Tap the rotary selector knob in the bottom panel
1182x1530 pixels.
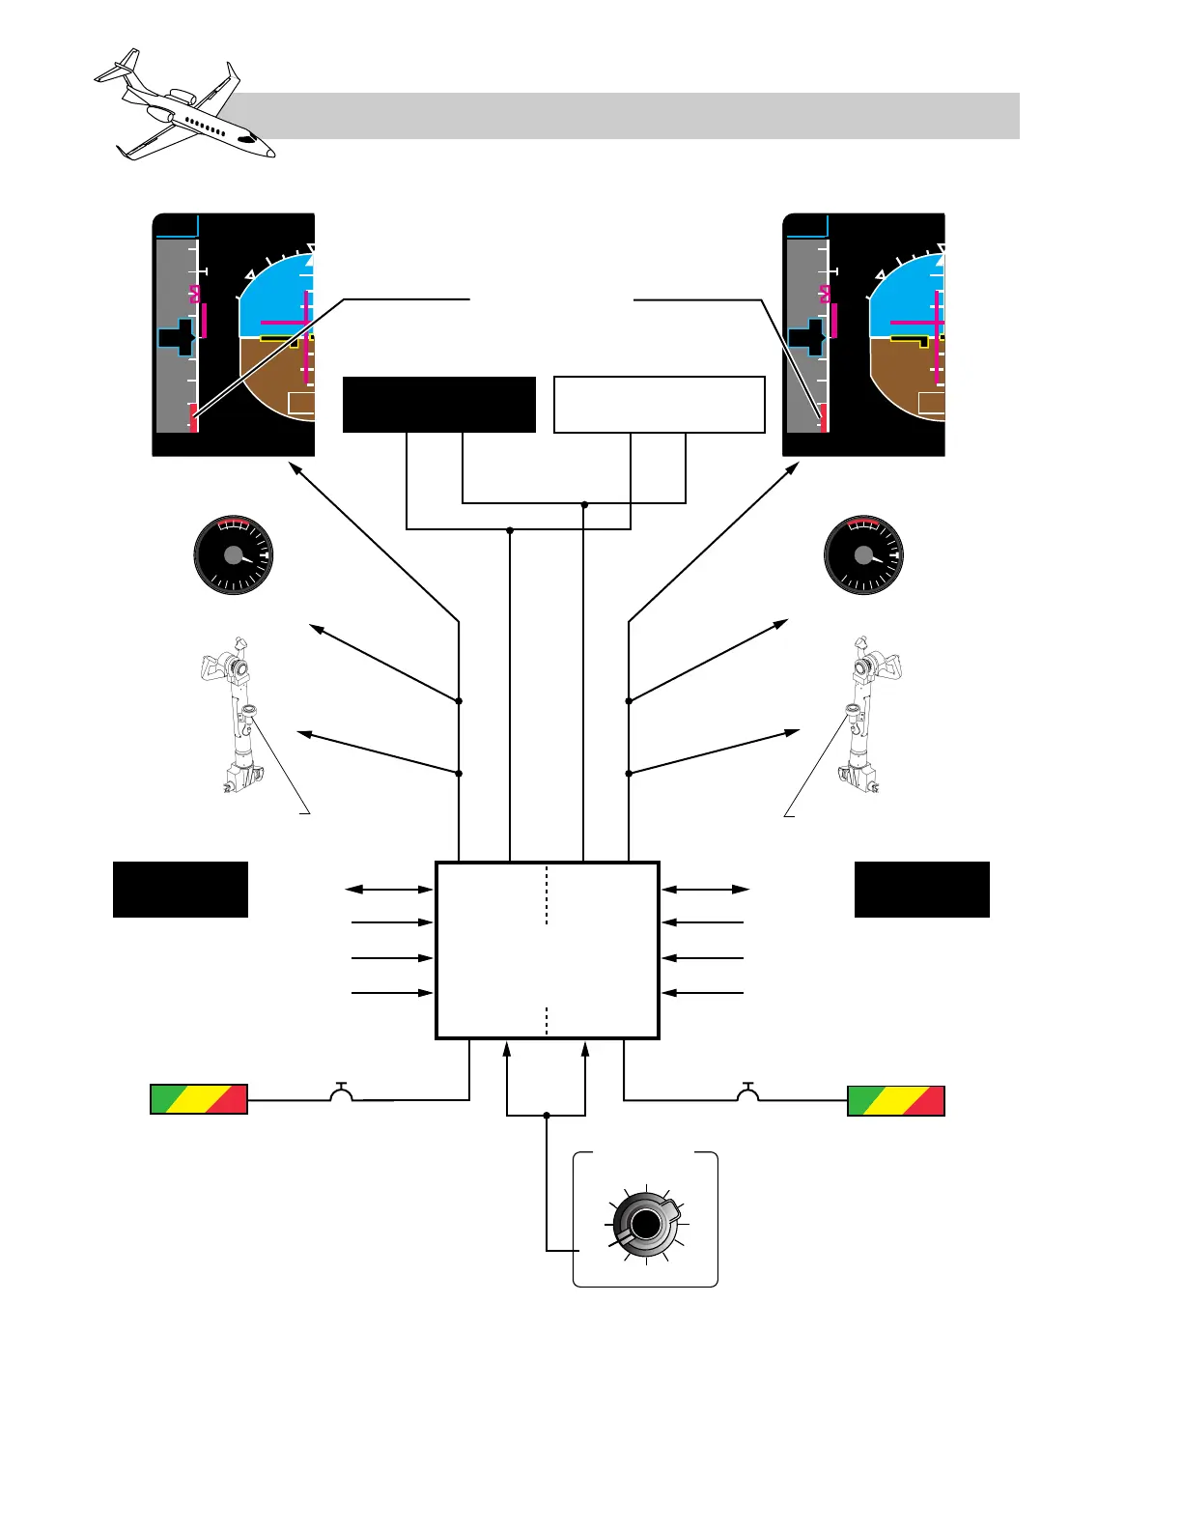click(645, 1225)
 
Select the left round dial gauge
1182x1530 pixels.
click(234, 555)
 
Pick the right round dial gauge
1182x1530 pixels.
click(863, 555)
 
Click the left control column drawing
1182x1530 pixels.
click(232, 715)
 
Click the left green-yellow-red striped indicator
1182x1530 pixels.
click(199, 1099)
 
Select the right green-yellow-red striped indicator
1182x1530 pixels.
click(896, 1100)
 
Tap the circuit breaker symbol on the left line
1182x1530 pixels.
click(341, 1092)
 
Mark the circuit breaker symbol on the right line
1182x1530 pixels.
click(747, 1092)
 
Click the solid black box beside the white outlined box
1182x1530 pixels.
click(439, 405)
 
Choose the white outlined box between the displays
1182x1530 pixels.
click(660, 405)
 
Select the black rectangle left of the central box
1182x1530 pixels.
click(181, 890)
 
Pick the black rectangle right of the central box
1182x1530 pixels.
click(922, 890)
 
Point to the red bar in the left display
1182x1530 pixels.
click(194, 419)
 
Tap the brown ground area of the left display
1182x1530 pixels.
click(275, 377)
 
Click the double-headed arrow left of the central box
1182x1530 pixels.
click(389, 889)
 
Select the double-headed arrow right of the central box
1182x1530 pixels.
click(706, 889)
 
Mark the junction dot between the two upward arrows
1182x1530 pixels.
click(547, 1116)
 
